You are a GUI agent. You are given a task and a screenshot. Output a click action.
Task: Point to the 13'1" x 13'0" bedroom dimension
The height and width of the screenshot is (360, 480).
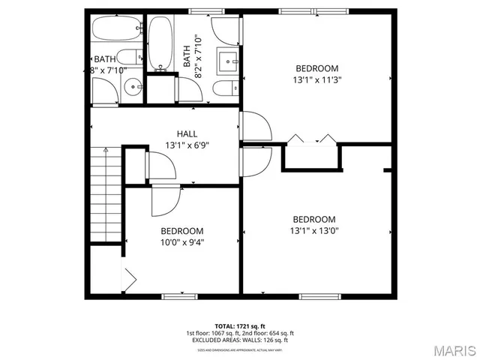click(314, 231)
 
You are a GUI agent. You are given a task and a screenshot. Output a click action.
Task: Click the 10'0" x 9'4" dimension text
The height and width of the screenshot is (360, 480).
click(181, 241)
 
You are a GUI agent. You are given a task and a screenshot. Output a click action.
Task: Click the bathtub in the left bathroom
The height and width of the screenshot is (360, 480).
click(116, 32)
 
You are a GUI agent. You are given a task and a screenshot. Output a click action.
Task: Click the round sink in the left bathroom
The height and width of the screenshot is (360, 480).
click(133, 87)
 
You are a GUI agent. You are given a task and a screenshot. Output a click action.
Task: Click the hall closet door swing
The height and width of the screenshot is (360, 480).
click(160, 166)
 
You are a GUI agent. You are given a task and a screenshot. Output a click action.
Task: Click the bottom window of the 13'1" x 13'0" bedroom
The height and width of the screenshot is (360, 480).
click(316, 296)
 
